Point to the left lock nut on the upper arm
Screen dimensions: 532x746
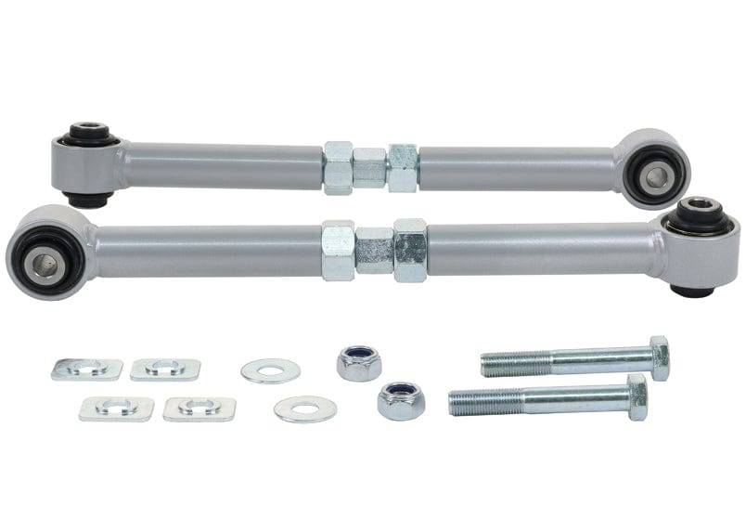(338, 168)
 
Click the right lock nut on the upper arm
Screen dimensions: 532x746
(403, 168)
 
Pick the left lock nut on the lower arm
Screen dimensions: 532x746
(338, 250)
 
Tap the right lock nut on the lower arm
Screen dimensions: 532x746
(409, 250)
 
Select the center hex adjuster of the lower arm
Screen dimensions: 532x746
(374, 250)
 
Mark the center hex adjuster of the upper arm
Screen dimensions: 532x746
(369, 168)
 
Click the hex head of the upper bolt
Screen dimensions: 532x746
(659, 357)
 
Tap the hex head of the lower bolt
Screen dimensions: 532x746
(637, 396)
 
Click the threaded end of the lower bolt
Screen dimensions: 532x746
(478, 402)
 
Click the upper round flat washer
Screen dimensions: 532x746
(270, 370)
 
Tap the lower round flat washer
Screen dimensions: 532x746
(305, 409)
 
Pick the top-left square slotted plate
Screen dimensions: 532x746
(86, 369)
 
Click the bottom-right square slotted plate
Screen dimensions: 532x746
(199, 409)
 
